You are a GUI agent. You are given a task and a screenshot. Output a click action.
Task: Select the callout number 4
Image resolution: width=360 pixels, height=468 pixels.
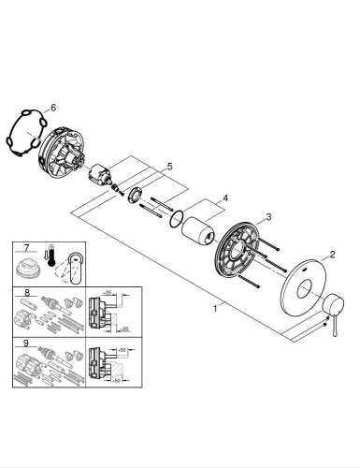(223, 199)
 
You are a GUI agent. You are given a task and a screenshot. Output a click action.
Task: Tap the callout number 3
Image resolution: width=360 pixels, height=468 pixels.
(267, 217)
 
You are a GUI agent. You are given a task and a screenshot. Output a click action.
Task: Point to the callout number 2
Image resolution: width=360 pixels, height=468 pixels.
(331, 254)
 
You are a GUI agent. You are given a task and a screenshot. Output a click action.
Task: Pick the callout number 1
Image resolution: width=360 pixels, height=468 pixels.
(217, 306)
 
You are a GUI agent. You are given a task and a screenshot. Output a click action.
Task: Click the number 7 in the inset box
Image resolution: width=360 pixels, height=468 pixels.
(27, 249)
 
